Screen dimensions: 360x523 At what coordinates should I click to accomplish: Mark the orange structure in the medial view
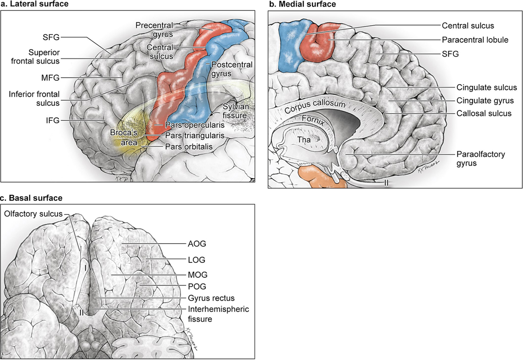(321, 176)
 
